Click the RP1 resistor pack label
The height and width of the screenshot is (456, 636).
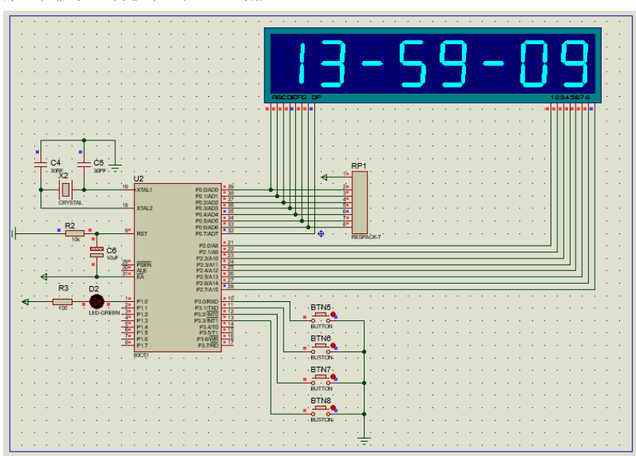point(358,165)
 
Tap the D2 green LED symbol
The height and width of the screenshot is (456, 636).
point(96,301)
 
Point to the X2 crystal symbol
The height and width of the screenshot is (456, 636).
point(66,190)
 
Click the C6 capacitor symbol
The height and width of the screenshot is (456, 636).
point(96,251)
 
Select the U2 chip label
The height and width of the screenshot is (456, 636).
point(138,178)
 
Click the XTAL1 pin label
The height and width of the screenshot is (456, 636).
point(145,189)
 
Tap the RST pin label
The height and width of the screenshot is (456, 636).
point(142,233)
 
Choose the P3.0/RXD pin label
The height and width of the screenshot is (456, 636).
point(207,302)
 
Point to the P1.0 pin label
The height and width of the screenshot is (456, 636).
point(142,302)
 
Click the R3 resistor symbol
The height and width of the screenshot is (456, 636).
point(63,301)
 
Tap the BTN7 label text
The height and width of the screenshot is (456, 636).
point(320,369)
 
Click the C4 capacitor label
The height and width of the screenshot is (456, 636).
point(55,163)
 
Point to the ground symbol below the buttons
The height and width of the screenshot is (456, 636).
point(365,440)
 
